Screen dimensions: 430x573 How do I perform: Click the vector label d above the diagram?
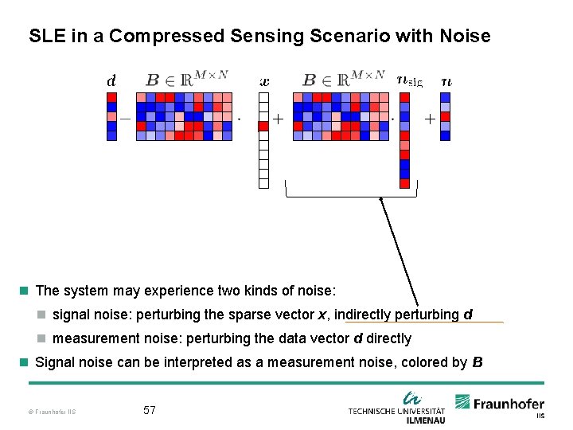(111, 80)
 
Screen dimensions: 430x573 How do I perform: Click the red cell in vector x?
(264, 126)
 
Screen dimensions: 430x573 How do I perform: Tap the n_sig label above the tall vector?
(409, 80)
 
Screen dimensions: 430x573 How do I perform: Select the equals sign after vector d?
(126, 119)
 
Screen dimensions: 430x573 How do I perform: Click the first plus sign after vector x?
(279, 119)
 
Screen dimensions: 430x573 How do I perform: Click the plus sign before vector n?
(430, 119)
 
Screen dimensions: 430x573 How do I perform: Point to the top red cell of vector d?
(111, 97)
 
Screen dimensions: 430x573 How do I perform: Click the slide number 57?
(150, 410)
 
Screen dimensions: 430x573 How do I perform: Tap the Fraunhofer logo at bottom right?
(500, 405)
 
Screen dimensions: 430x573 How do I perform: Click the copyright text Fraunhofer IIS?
(51, 412)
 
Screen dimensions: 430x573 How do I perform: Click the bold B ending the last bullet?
(477, 362)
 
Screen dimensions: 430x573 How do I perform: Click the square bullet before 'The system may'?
(25, 291)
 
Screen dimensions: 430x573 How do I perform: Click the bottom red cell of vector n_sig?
(404, 183)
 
